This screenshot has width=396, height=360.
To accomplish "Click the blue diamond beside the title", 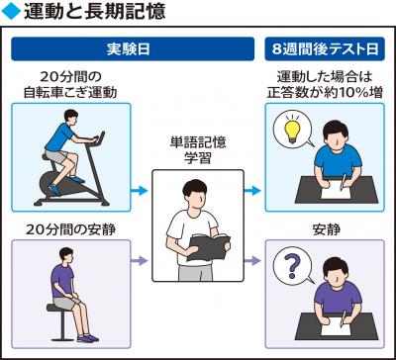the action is pyautogui.click(x=11, y=12).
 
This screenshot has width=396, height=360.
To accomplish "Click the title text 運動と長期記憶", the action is pyautogui.click(x=94, y=12).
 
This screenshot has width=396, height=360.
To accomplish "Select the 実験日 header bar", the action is pyautogui.click(x=133, y=48).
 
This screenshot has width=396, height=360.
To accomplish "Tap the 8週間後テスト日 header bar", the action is pyautogui.click(x=325, y=48).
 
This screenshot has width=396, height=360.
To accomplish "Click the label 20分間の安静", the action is pyautogui.click(x=71, y=230).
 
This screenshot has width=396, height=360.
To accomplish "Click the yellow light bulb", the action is pyautogui.click(x=292, y=130).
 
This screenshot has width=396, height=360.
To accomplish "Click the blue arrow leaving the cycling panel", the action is pyautogui.click(x=139, y=191).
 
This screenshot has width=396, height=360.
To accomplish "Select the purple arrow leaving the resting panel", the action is pyautogui.click(x=139, y=261).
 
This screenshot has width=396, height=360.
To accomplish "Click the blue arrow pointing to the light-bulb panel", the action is pyautogui.click(x=252, y=191).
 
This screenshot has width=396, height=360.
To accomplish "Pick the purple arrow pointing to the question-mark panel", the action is pyautogui.click(x=252, y=261).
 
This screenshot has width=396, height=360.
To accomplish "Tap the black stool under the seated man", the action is pyautogui.click(x=61, y=320).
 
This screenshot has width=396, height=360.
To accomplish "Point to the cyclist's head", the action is pyautogui.click(x=71, y=116).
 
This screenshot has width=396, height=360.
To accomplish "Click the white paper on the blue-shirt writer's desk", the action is pyautogui.click(x=336, y=190).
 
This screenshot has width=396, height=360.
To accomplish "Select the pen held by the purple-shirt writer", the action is pyautogui.click(x=344, y=317).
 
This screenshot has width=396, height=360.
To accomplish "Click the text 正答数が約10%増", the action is pyautogui.click(x=325, y=93).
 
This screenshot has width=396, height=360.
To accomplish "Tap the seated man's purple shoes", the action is pyautogui.click(x=88, y=338).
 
